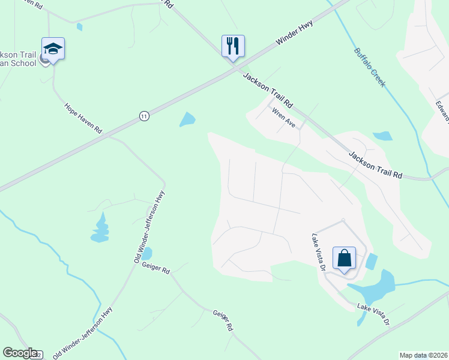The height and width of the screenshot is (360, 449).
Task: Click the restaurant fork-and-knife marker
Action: coord(232,46)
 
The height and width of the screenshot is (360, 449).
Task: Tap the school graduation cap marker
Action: coord(53,49)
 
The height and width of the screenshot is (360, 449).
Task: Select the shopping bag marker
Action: coord(345,259)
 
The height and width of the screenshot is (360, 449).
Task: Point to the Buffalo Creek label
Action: coord(369,68)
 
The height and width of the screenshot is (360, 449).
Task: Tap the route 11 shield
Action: coord(143,116)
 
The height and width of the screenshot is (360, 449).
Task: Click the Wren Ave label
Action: coord(284,118)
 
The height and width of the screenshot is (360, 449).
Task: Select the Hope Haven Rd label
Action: coord(83,118)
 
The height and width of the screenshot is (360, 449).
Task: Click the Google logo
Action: coord(20,353)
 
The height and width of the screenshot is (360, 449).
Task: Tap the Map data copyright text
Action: coord(423,355)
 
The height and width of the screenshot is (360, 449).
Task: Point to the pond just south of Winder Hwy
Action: coord(187,119)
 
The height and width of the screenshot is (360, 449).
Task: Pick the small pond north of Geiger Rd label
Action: coord(146,254)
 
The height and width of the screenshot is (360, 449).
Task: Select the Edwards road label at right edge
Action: coord(443,110)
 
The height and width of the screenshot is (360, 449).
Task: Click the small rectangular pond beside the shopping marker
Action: coord(372,262)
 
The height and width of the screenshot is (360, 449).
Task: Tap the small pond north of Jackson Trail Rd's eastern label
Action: coord(382,136)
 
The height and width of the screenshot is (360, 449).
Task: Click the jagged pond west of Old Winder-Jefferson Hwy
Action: coord(100,229)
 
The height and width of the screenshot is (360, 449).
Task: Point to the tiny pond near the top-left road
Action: coord(80,27)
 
